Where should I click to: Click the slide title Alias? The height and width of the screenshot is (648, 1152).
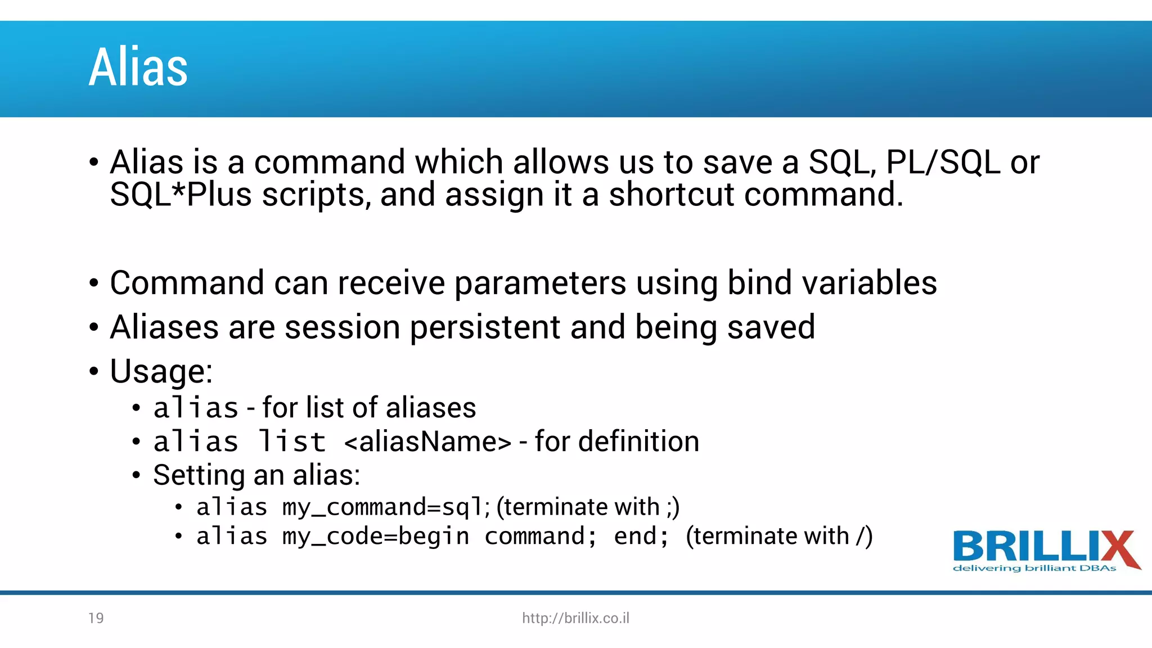138,67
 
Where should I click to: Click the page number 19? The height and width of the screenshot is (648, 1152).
96,618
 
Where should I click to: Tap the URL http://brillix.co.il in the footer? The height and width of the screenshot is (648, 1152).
575,618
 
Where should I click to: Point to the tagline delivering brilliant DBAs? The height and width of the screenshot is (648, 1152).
1034,569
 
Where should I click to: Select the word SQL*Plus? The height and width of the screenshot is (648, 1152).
181,195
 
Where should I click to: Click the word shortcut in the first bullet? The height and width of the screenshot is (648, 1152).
671,195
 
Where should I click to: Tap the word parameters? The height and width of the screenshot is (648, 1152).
540,283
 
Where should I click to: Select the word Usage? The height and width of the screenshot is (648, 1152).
161,372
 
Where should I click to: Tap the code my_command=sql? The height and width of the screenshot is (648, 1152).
386,507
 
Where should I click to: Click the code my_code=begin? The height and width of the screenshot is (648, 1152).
375,537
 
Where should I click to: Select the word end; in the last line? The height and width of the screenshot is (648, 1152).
641,537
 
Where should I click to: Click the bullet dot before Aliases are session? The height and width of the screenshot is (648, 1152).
94,327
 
